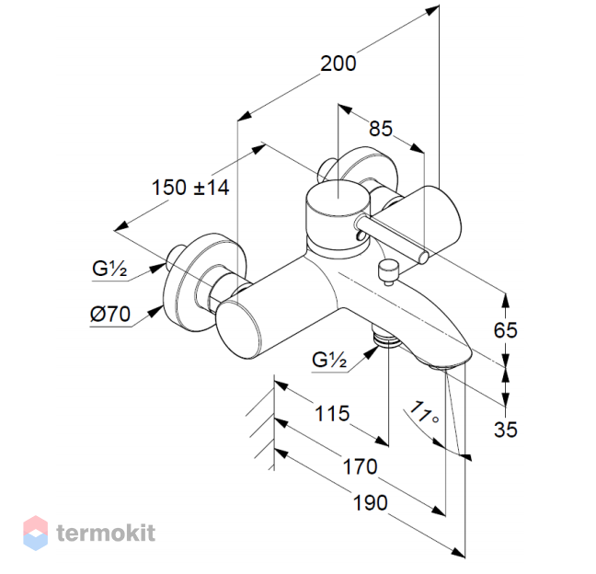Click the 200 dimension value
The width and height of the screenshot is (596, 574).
pos(338,63)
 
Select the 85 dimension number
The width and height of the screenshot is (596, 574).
pos(381,129)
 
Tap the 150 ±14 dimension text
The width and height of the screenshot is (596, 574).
pos(190,188)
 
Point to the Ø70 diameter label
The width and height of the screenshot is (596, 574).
pos(110,314)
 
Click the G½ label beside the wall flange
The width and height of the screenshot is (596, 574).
pos(109,269)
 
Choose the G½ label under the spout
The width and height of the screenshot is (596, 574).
pos(329,360)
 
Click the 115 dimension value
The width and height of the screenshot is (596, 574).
pos(332,414)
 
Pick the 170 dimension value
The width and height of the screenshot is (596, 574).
pos(360,466)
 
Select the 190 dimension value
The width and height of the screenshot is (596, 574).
pos(371,502)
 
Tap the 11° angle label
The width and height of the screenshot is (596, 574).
pos(424,412)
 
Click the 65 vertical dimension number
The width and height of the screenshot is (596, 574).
pos(506,330)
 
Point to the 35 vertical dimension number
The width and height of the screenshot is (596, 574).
pos(506,430)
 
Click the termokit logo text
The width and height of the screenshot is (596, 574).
pos(106,533)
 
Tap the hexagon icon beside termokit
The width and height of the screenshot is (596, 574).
pos(35,533)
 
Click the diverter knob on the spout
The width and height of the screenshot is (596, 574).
pos(388,271)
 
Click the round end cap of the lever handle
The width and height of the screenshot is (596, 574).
pos(424,258)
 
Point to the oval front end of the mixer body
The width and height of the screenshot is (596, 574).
pos(238,329)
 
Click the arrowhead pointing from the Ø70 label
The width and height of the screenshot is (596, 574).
pos(155,312)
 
